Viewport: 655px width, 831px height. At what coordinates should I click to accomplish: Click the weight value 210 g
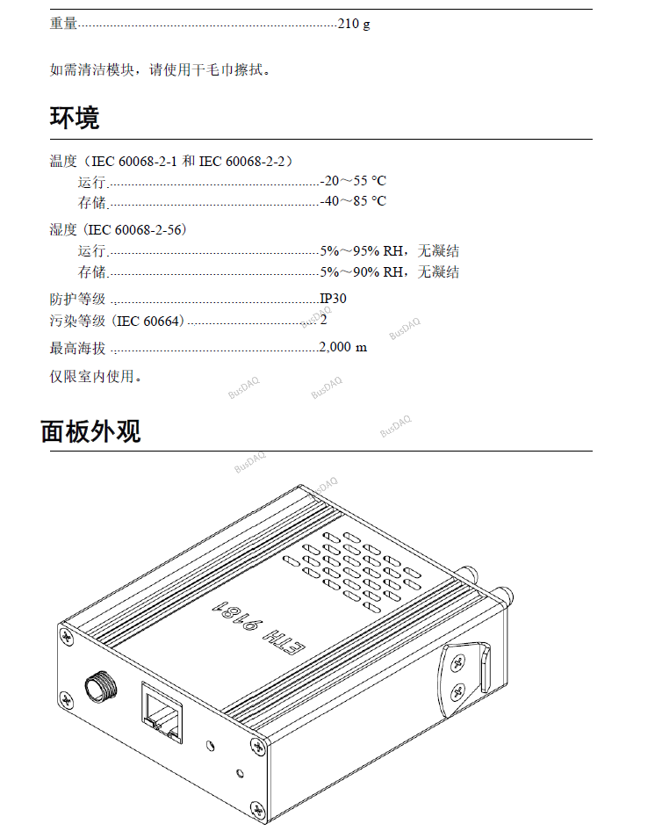(354, 24)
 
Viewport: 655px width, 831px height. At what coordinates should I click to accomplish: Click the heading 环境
(74, 118)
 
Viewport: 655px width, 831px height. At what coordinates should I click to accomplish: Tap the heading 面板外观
(90, 431)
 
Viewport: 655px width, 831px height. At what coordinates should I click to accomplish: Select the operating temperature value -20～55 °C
(353, 181)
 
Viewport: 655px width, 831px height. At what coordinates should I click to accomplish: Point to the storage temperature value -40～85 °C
(353, 201)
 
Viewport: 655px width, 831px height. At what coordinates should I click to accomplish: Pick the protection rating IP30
(334, 299)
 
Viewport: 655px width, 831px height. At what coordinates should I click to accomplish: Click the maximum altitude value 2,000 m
(343, 347)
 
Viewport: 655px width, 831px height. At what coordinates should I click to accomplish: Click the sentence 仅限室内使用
(96, 377)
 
